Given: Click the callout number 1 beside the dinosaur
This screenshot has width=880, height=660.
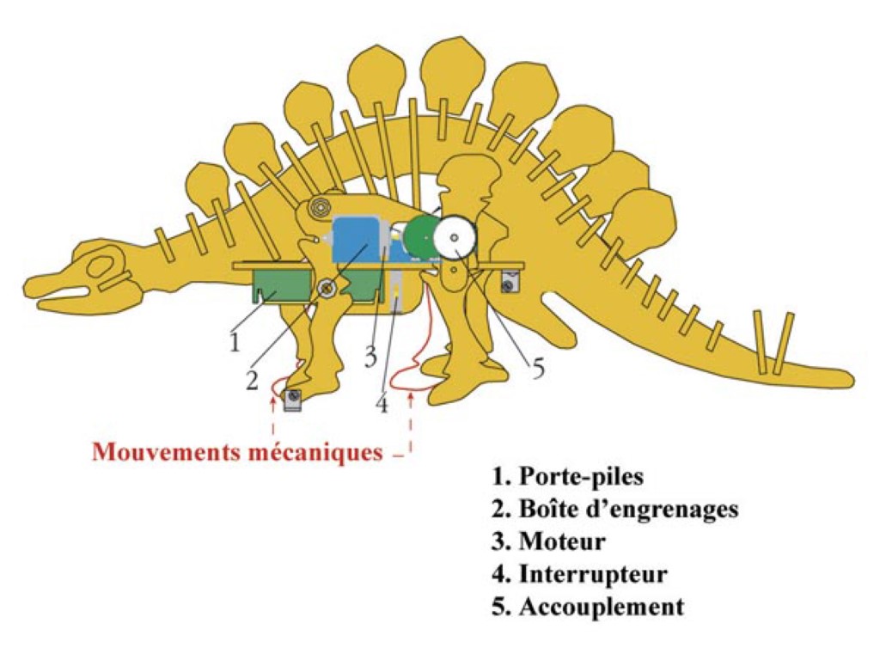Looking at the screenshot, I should (x=234, y=342).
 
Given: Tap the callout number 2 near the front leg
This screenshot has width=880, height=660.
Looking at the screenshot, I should (x=252, y=380).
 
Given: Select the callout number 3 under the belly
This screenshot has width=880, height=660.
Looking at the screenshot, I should (x=370, y=356).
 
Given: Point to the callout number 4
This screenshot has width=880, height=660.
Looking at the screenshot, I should (x=382, y=402).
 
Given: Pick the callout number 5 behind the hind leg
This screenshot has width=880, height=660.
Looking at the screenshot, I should (x=538, y=368).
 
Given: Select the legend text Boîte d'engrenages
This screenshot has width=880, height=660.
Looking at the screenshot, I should (x=628, y=509).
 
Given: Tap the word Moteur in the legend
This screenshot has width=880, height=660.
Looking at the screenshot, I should (x=562, y=541).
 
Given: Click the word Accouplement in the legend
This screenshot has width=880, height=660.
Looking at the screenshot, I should (x=602, y=606).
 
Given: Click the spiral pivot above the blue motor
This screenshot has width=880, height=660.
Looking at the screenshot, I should (x=321, y=206).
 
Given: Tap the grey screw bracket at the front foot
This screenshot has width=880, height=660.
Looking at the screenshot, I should (x=292, y=399).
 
